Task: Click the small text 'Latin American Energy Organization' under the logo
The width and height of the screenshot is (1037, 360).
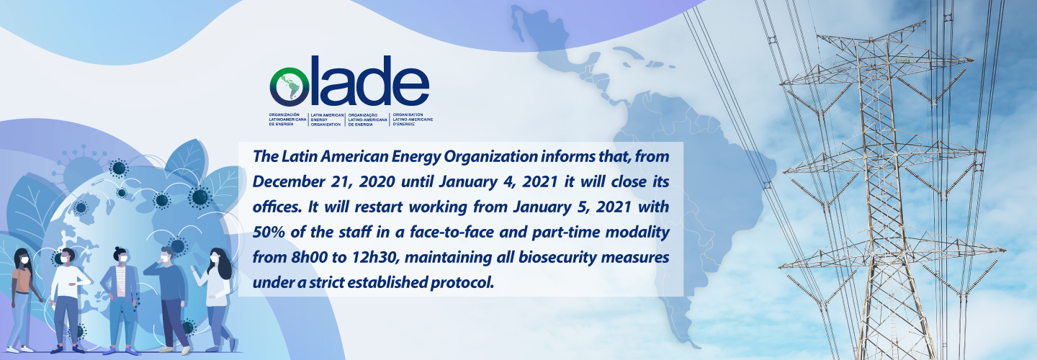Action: (x=327, y=120)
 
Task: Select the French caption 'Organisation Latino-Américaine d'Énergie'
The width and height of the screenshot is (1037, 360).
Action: (x=413, y=120)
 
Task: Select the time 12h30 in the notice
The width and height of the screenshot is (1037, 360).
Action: (x=375, y=257)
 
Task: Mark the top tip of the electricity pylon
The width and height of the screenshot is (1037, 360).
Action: (x=925, y=22)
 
